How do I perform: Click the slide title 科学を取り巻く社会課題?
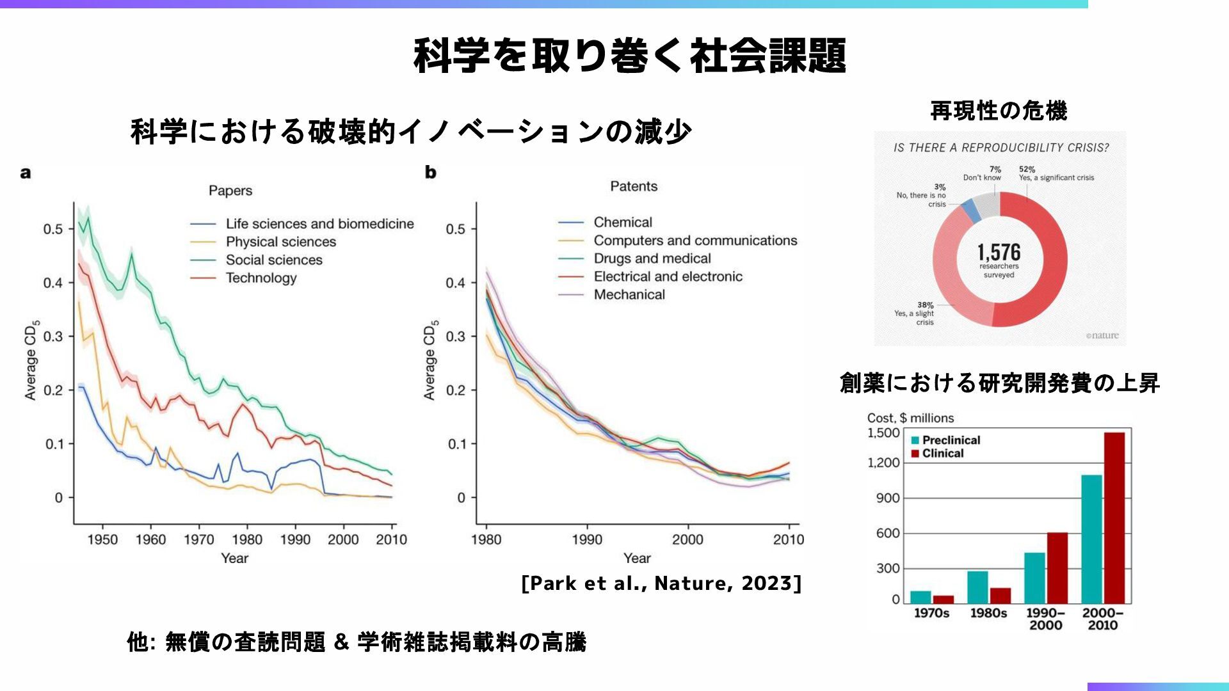click(x=630, y=56)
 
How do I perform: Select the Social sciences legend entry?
click(x=273, y=260)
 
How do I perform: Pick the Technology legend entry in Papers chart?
click(x=261, y=278)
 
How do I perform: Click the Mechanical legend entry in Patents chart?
click(x=629, y=294)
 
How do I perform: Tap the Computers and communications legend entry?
click(x=695, y=241)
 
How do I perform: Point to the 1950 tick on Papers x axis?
click(x=102, y=539)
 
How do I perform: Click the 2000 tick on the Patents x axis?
click(x=687, y=539)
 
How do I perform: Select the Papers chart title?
click(x=230, y=191)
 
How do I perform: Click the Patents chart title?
click(x=634, y=186)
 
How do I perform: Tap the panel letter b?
click(x=430, y=172)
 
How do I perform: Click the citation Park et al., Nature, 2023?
click(x=661, y=583)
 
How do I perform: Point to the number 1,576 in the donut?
click(x=999, y=252)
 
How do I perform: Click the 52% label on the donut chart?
click(x=1027, y=170)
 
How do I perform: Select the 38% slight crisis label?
click(x=926, y=305)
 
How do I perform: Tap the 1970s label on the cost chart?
click(x=931, y=613)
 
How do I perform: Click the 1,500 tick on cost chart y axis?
click(x=883, y=433)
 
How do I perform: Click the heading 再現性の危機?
click(x=999, y=111)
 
